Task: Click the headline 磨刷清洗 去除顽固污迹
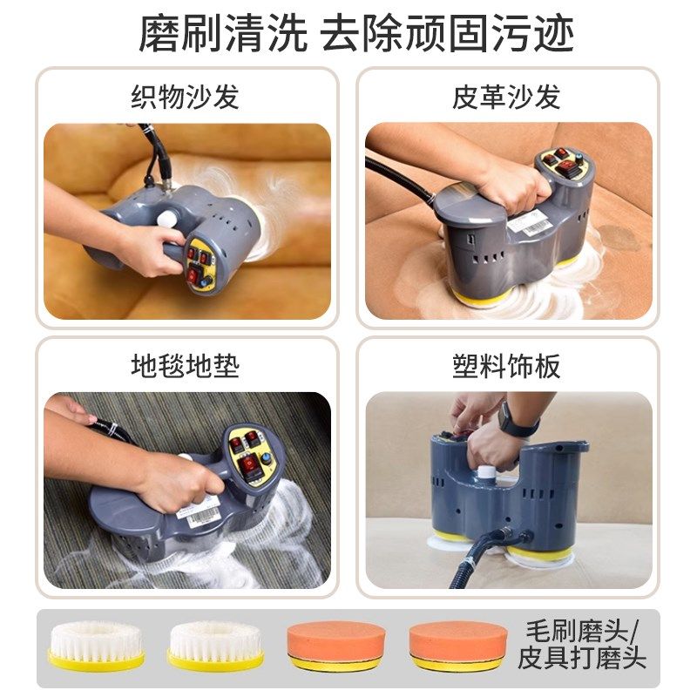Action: [348, 35]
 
